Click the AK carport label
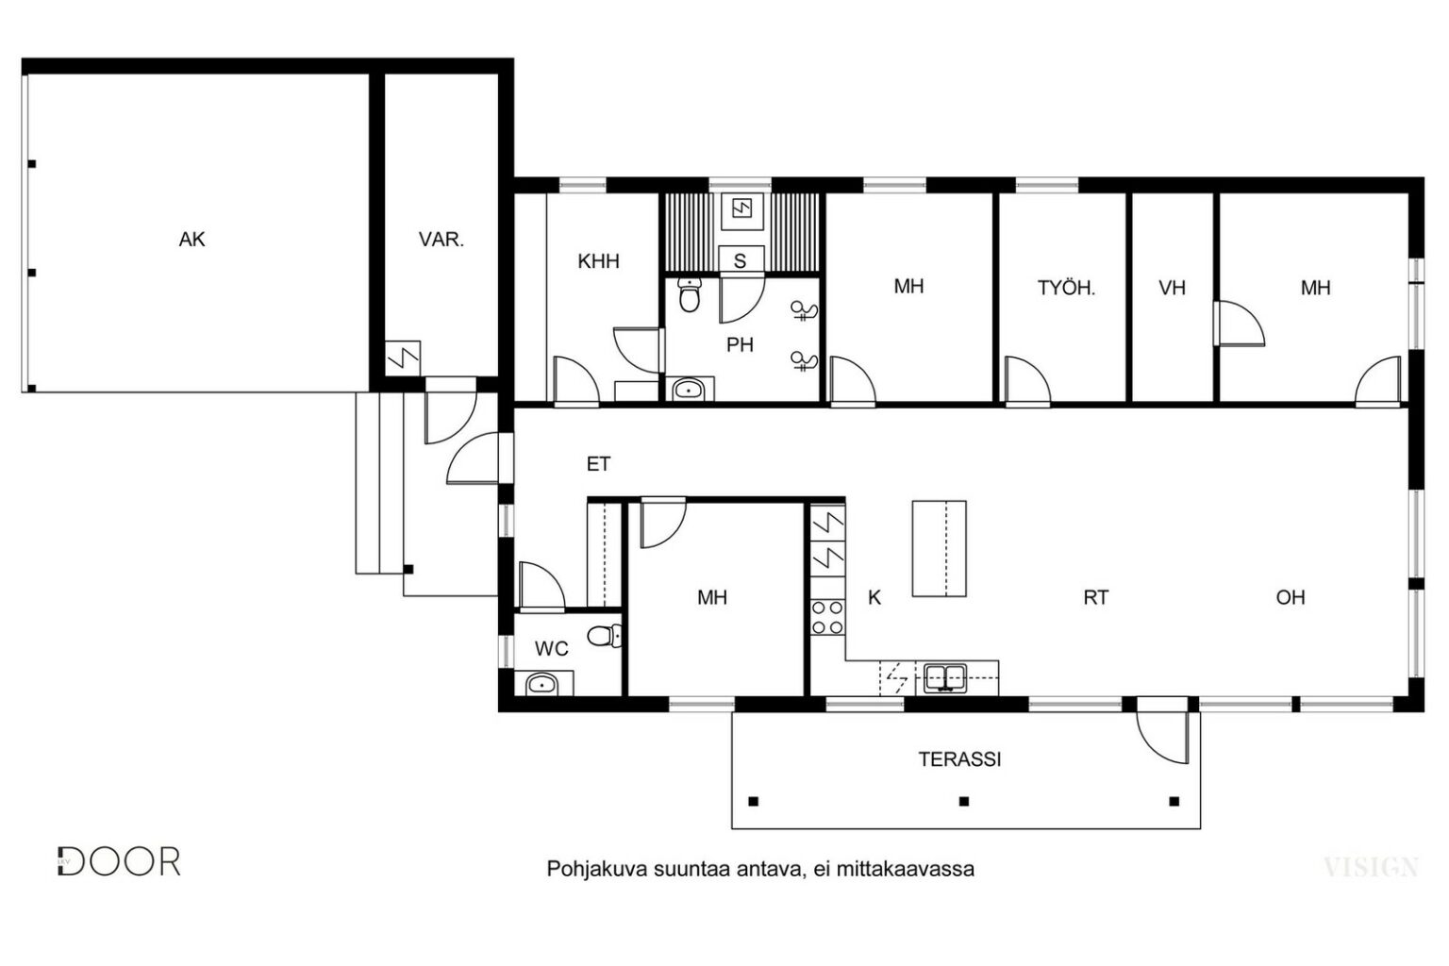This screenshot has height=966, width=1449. pyautogui.click(x=192, y=240)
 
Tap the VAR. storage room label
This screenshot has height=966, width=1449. pyautogui.click(x=441, y=240)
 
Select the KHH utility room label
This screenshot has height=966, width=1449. pyautogui.click(x=598, y=261)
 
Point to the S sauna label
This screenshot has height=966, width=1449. pyautogui.click(x=740, y=260)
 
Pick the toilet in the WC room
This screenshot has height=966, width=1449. pyautogui.click(x=604, y=636)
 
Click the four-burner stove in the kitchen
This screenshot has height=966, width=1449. pyautogui.click(x=828, y=617)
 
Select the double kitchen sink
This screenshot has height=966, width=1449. pyautogui.click(x=945, y=677)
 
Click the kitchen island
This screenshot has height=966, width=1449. pyautogui.click(x=940, y=548)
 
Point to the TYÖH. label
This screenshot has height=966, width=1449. pyautogui.click(x=1067, y=288)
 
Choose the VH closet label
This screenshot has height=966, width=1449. pyautogui.click(x=1173, y=288)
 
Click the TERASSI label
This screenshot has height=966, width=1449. pyautogui.click(x=959, y=759)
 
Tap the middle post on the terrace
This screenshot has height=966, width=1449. pyautogui.click(x=964, y=801)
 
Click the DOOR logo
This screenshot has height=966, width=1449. pyautogui.click(x=119, y=861)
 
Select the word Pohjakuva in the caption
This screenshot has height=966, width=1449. pyautogui.click(x=596, y=869)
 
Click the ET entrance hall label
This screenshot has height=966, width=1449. pyautogui.click(x=598, y=464)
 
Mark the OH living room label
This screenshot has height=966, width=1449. pyautogui.click(x=1291, y=597)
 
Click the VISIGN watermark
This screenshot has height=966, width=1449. pyautogui.click(x=1372, y=867)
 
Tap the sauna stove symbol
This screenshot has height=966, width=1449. pyautogui.click(x=742, y=208)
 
